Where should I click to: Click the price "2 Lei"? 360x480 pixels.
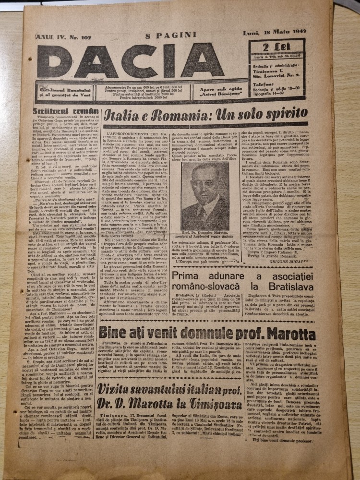tap(272, 47)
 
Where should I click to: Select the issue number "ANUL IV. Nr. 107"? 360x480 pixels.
tap(56, 35)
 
